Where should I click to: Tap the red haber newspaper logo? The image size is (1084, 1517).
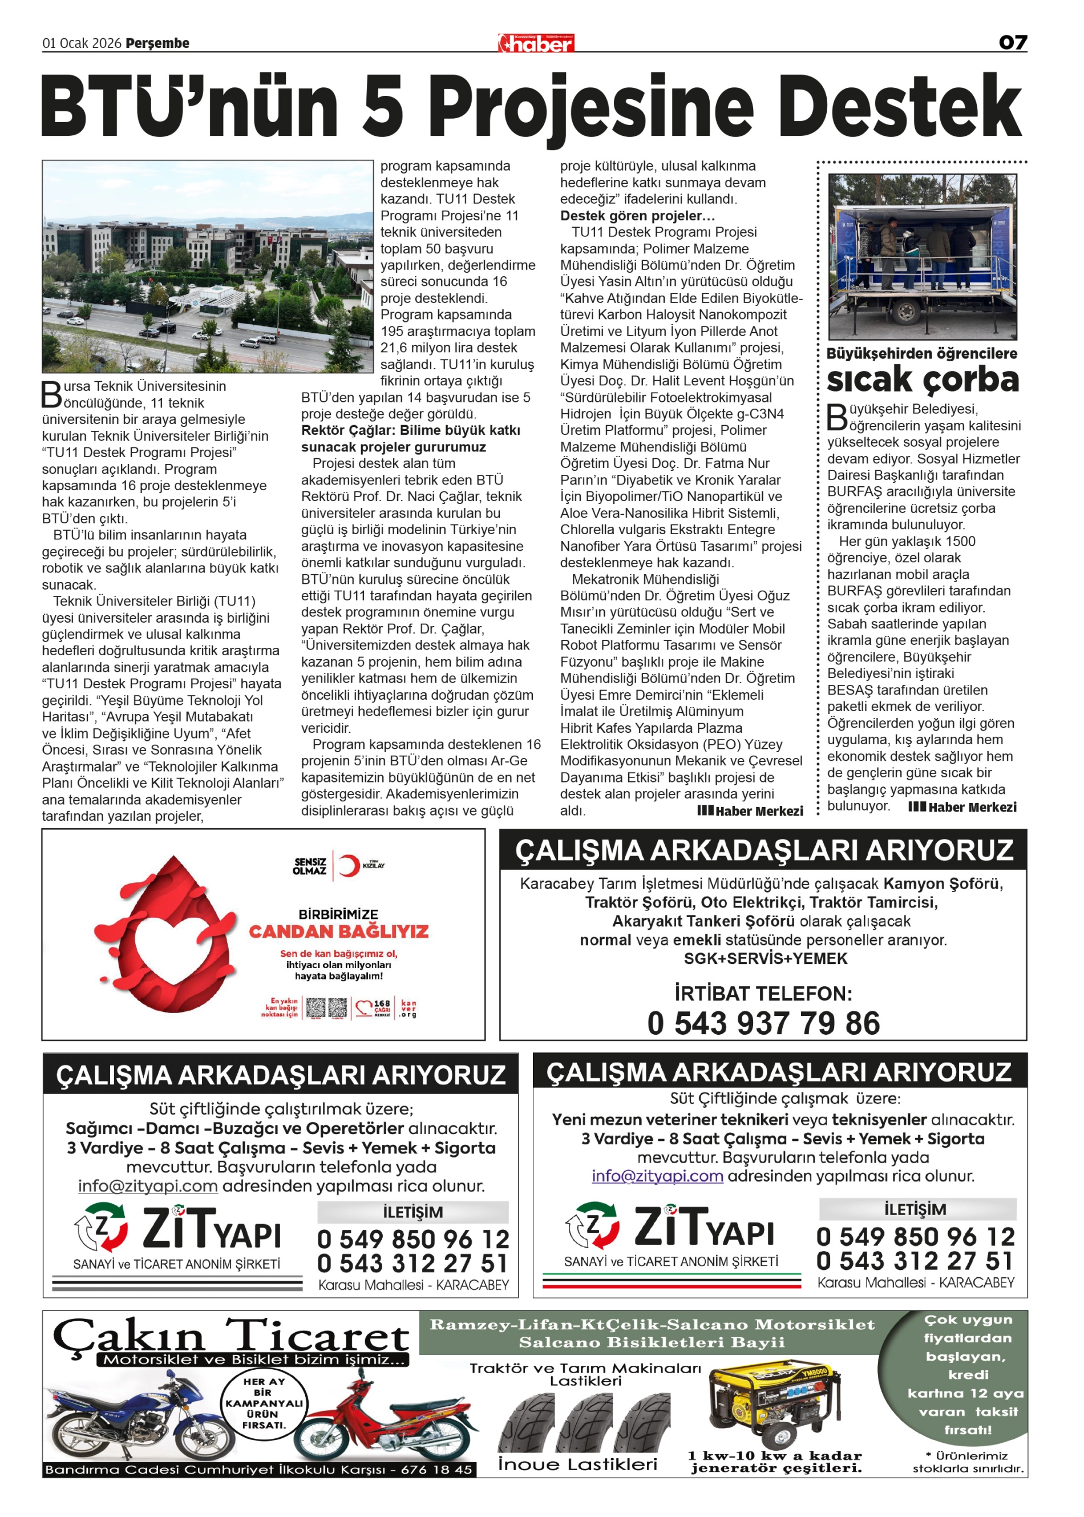coord(536,43)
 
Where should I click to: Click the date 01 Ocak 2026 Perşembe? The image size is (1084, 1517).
coord(115,43)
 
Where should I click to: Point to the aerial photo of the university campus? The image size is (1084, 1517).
coord(207,266)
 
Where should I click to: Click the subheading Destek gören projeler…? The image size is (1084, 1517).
coord(637,216)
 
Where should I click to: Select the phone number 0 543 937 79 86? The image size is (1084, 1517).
coord(763,1023)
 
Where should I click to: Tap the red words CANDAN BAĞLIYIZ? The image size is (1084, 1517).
coord(338,931)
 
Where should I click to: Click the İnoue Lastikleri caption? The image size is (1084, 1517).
coord(577,1465)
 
